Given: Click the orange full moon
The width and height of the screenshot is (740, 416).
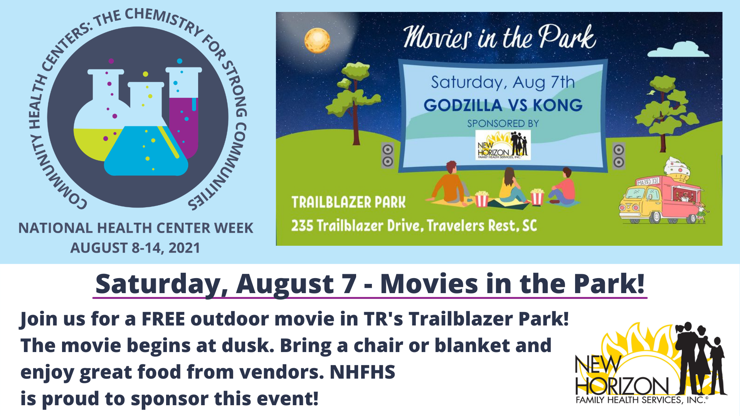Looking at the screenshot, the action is (x=317, y=40).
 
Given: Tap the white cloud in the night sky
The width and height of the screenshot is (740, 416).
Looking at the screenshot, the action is (x=678, y=49).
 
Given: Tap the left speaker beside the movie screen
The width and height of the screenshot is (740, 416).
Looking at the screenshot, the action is (x=388, y=155).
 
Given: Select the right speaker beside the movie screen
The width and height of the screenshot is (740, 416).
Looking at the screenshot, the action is (x=619, y=156).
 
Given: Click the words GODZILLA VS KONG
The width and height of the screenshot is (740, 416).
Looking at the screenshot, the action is (x=503, y=105).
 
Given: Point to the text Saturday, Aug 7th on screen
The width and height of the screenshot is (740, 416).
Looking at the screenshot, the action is (x=503, y=82).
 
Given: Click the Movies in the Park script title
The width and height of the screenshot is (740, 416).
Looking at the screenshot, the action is (x=499, y=37).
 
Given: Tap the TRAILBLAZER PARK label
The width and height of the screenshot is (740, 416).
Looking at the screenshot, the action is (x=348, y=202).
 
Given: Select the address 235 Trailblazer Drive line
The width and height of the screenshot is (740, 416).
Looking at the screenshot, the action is (x=414, y=225).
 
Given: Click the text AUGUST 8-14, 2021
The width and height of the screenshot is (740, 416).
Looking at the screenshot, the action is (x=135, y=248).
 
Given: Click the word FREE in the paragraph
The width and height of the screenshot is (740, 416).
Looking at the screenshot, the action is (x=163, y=319).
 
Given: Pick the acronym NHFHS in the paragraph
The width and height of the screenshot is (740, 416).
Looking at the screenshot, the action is (x=362, y=372).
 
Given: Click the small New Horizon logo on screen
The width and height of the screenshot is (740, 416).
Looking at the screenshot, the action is (x=503, y=145).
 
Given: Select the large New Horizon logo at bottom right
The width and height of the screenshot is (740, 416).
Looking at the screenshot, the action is (x=651, y=363).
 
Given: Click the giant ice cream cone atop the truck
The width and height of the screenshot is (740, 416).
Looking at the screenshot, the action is (x=677, y=169).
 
